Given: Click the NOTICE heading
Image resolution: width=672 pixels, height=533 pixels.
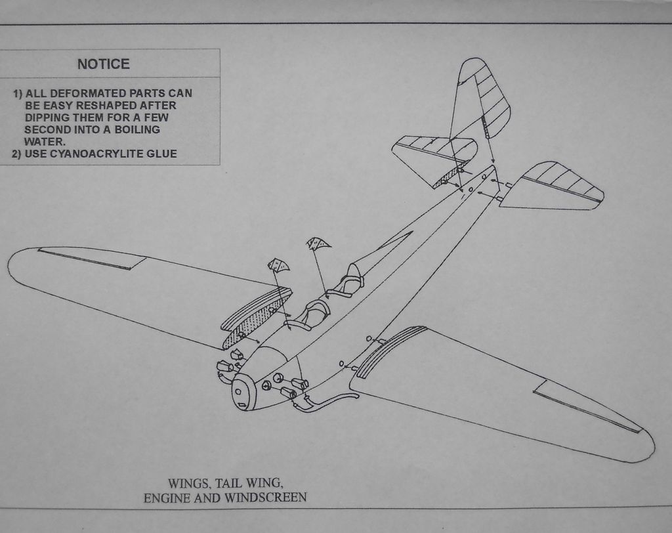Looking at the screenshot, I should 104,64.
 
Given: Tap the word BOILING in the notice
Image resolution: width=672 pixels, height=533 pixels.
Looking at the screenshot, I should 137,129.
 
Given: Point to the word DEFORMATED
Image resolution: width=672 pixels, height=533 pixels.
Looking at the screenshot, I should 88,93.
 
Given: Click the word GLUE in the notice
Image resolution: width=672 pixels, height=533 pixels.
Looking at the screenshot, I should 163,154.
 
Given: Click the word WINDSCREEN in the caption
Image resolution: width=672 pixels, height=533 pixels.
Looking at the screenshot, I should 265,498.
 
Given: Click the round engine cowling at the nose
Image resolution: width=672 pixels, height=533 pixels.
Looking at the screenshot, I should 243,393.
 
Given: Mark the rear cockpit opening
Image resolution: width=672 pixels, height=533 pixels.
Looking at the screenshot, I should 348,282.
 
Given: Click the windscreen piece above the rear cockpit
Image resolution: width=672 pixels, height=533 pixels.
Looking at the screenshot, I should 318,244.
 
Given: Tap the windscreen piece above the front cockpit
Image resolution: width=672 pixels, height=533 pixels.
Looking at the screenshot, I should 278,265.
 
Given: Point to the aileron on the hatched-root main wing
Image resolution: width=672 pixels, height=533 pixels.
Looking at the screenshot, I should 92,259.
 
